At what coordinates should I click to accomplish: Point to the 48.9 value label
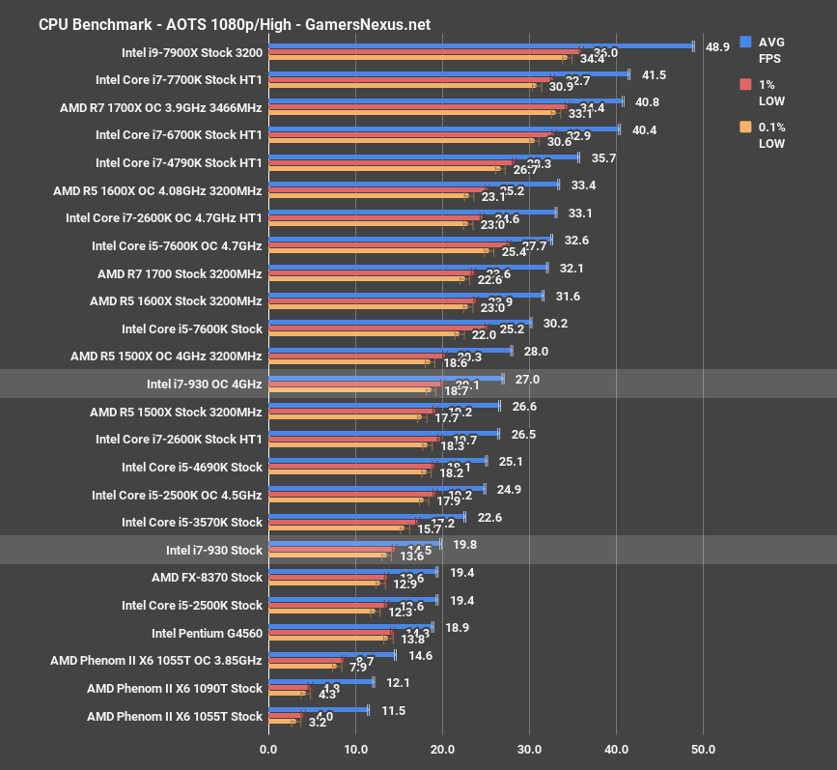tap(717, 46)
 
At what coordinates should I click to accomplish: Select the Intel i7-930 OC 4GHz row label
tap(204, 384)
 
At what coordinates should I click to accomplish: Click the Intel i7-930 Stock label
tap(213, 550)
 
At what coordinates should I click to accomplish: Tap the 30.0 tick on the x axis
tap(529, 748)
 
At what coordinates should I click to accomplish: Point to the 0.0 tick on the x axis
tap(268, 748)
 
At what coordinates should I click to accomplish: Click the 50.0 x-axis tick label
tap(703, 748)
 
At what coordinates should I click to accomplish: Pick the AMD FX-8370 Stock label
tap(207, 578)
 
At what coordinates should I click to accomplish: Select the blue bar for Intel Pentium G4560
tap(349, 627)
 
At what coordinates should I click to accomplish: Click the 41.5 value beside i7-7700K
tap(654, 74)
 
